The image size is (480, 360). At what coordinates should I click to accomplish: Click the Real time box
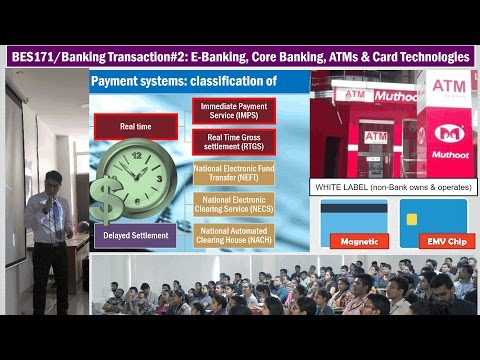[x=135, y=126]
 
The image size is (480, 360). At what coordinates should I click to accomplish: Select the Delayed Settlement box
[x=135, y=236]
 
